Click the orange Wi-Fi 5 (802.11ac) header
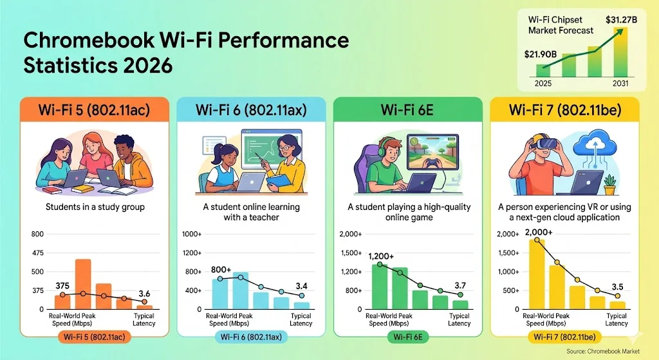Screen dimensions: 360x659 pyautogui.click(x=94, y=109)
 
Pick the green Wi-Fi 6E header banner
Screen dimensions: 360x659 pyautogui.click(x=407, y=109)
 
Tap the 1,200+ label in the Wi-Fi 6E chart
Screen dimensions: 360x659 pyautogui.click(x=381, y=256)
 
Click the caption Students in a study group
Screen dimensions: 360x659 pyautogui.click(x=94, y=207)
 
